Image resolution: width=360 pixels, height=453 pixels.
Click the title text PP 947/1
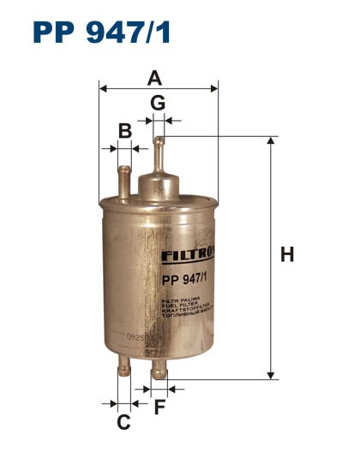tap(102, 33)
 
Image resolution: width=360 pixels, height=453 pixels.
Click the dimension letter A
tap(154, 78)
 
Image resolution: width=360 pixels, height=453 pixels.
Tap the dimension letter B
tap(124, 131)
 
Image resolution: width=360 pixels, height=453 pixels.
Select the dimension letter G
tap(158, 103)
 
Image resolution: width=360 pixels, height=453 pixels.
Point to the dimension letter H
tap(288, 254)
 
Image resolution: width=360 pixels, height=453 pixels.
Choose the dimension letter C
tap(123, 421)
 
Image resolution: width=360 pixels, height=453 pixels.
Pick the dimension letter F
tap(159, 407)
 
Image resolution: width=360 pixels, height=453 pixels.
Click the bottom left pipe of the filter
tap(123, 371)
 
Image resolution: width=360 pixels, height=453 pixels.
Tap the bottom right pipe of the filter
tap(159, 371)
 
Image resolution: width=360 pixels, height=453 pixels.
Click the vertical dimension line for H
tap(271, 257)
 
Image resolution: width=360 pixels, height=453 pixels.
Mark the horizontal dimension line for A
tap(159, 88)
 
